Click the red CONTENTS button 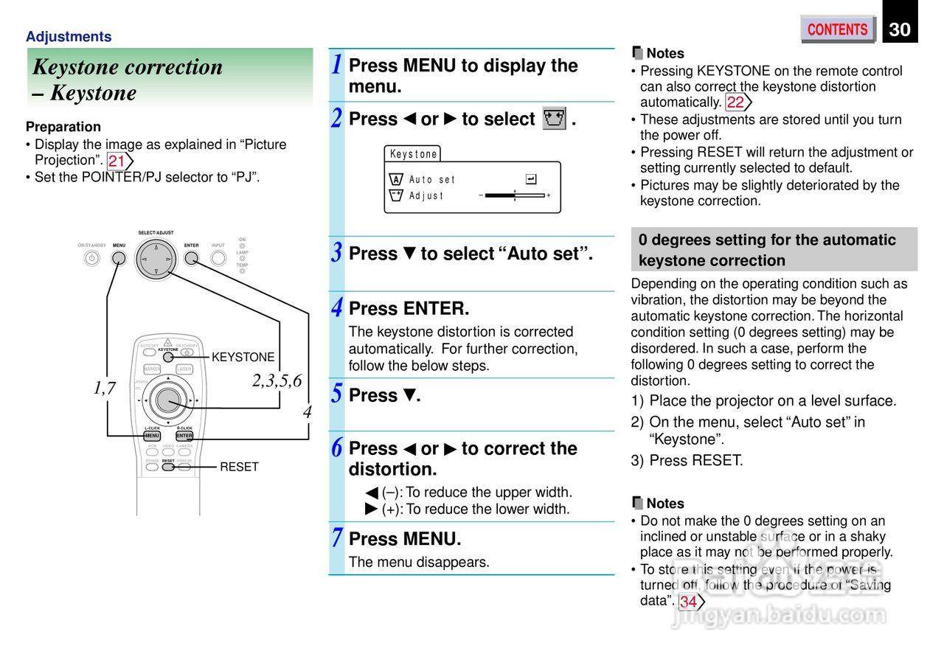coord(837,29)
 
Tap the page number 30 coord(900,29)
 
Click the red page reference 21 coord(117,161)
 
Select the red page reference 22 coord(736,102)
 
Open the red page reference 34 coord(689,602)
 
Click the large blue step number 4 coord(336,307)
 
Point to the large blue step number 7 coord(336,538)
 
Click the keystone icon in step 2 coord(554,119)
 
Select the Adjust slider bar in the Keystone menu coord(515,195)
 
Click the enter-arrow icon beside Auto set coord(531,179)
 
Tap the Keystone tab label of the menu coord(413,154)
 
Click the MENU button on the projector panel coord(119,258)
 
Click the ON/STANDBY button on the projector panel coord(91,258)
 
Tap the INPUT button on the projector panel coord(218,258)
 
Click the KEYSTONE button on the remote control coord(168,357)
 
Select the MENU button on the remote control coord(152,436)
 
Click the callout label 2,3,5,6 coord(277,381)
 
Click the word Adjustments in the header coord(69,37)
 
